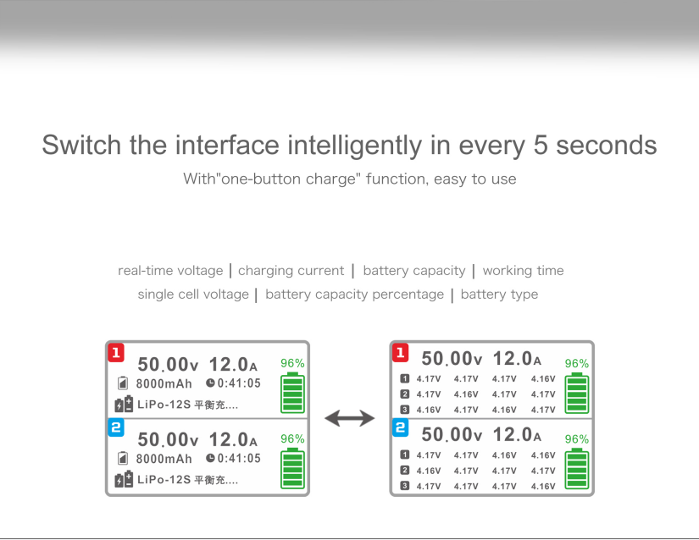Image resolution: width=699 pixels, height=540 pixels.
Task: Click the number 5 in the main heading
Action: click(x=541, y=145)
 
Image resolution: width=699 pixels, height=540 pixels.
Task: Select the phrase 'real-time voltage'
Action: click(x=170, y=271)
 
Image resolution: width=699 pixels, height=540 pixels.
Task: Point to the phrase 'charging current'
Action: click(x=291, y=271)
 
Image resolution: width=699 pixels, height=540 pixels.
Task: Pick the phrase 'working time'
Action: click(x=524, y=271)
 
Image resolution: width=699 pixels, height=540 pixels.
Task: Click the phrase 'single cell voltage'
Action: click(x=193, y=295)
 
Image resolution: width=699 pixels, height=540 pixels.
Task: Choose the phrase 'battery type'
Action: click(x=499, y=295)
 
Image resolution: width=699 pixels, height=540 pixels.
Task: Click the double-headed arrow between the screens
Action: click(x=349, y=418)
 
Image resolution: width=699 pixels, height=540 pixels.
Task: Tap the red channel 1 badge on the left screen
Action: click(x=116, y=353)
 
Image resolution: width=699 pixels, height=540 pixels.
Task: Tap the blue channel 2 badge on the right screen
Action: click(x=400, y=427)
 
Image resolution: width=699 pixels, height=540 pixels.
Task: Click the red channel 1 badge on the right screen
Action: click(x=400, y=353)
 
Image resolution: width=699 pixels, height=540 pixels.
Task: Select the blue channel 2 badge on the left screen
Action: click(x=116, y=427)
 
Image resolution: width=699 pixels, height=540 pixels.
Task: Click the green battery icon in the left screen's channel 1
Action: click(x=292, y=393)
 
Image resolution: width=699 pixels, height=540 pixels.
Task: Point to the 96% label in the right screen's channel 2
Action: click(x=577, y=439)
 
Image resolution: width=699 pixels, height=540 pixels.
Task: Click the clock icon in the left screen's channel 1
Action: click(x=210, y=383)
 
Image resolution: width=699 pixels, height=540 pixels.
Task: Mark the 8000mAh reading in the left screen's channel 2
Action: click(x=164, y=459)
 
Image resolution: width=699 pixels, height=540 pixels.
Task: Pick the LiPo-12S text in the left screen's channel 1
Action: click(x=164, y=405)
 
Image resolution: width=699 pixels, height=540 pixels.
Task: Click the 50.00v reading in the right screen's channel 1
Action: click(x=452, y=358)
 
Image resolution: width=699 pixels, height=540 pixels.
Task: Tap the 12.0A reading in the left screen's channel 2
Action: click(x=233, y=440)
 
